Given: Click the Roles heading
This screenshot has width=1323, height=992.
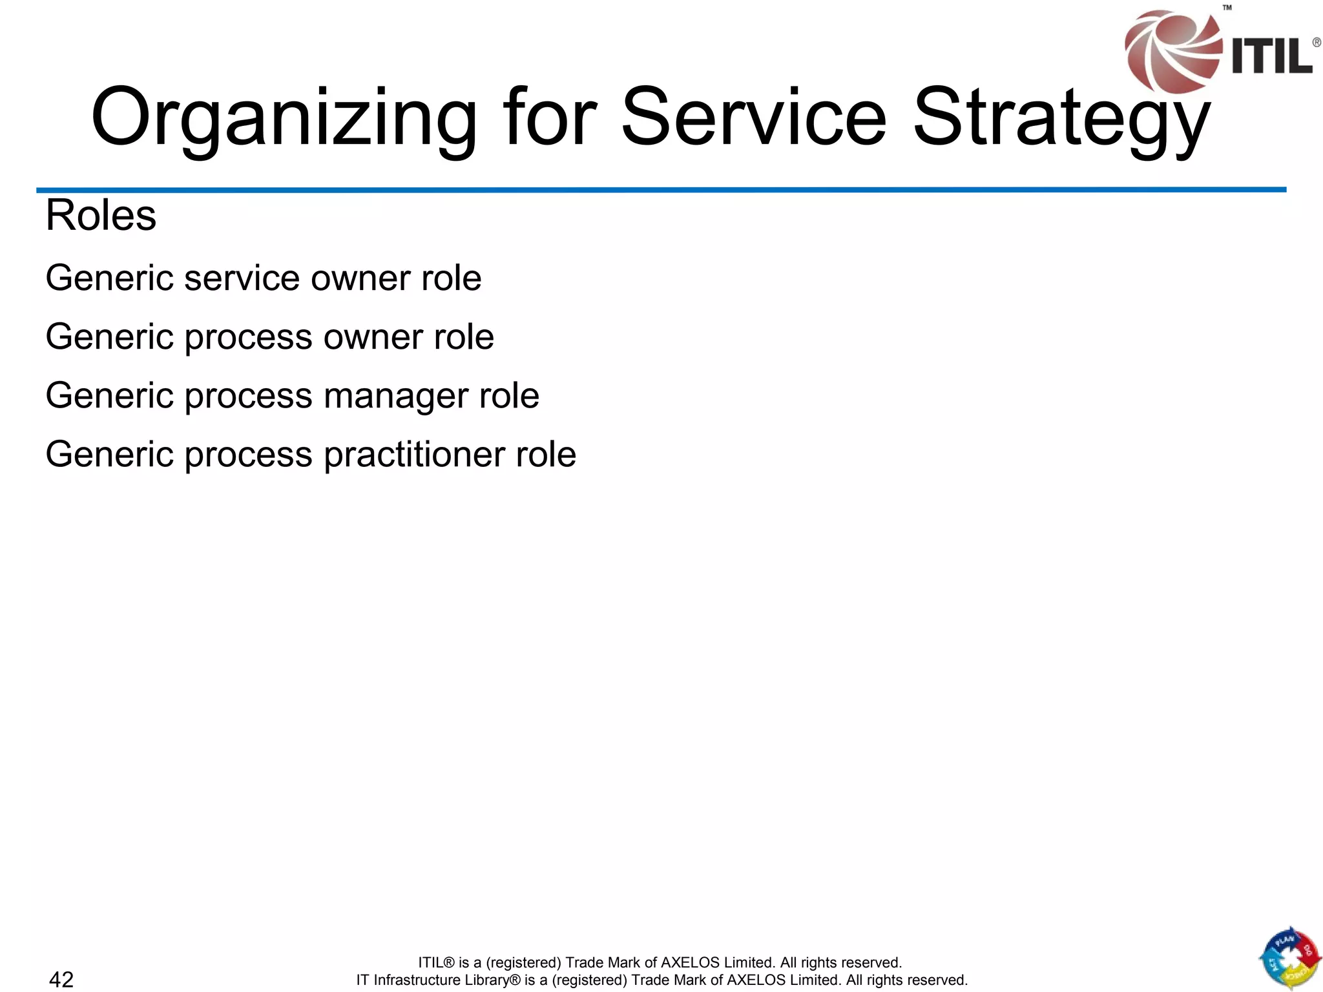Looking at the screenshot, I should pos(101,215).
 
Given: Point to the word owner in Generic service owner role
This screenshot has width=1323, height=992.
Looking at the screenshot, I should pos(360,278).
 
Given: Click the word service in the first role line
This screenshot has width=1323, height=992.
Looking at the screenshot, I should pos(242,278).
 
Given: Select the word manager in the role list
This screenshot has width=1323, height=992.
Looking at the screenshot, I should pos(395,396).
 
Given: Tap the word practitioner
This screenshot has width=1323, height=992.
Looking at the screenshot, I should pos(414,454).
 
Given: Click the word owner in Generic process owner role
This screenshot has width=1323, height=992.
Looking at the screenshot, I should pos(373,337).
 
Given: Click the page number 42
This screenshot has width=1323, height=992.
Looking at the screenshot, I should pos(61,979).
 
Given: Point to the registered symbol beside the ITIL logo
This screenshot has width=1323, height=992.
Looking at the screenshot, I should pos(1316,43).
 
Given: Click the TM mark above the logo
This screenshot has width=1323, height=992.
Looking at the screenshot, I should pos(1227,8).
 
